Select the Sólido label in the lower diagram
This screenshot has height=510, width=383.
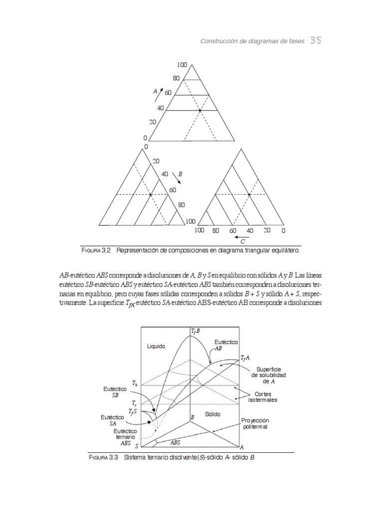tap(212, 414)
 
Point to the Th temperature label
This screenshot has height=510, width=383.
tap(135, 383)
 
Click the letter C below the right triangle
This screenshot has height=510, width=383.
tap(242, 241)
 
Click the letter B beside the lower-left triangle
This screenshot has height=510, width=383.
tap(181, 174)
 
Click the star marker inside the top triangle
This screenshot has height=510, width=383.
tap(200, 110)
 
